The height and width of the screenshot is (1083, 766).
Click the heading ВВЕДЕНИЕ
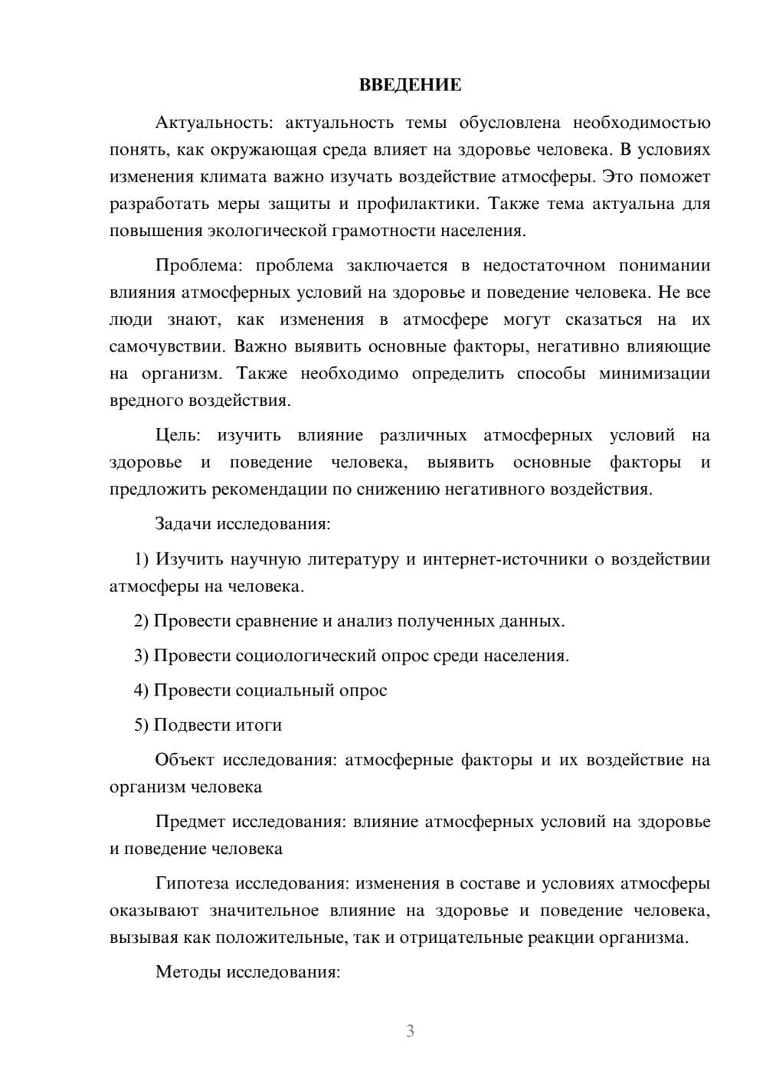[410, 85]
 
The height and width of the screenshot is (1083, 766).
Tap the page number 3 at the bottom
[410, 1031]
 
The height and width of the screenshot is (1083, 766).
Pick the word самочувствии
[167, 346]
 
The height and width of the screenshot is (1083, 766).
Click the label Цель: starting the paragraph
[178, 436]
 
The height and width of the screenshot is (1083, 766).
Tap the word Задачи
[183, 525]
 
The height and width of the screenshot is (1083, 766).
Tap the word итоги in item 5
[259, 725]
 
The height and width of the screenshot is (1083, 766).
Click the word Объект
[185, 760]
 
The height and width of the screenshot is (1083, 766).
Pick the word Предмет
[190, 822]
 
